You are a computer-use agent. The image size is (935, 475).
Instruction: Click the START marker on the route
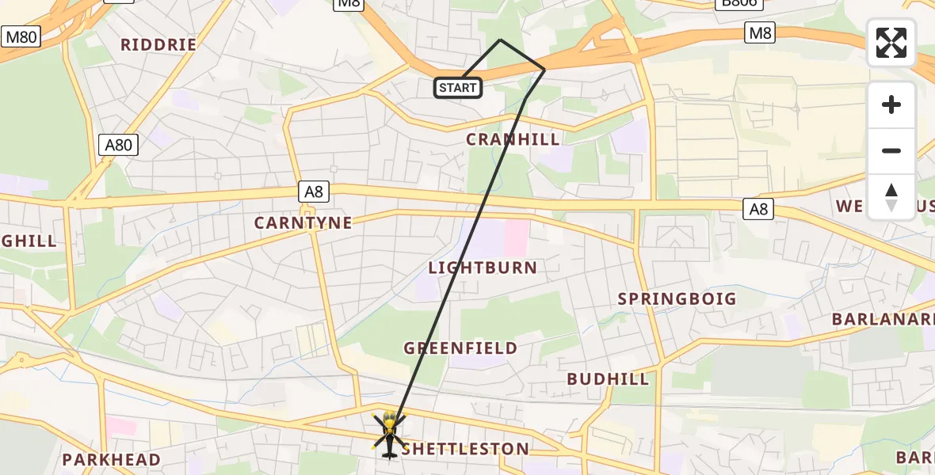pyautogui.click(x=458, y=88)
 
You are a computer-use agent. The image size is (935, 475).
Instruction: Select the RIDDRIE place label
pyautogui.click(x=158, y=45)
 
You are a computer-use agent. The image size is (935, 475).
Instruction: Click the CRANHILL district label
pyautogui.click(x=513, y=139)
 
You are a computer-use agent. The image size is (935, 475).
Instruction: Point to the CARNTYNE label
pyautogui.click(x=303, y=223)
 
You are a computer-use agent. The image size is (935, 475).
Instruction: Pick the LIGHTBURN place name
pyautogui.click(x=483, y=268)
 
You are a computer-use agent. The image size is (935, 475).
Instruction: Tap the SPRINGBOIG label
pyautogui.click(x=677, y=299)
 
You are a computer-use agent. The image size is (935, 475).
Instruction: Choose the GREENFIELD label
pyautogui.click(x=460, y=348)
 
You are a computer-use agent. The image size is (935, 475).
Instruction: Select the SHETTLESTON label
pyautogui.click(x=466, y=450)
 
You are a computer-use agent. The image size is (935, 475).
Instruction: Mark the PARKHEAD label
pyautogui.click(x=112, y=460)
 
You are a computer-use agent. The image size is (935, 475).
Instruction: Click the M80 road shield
pyautogui.click(x=21, y=36)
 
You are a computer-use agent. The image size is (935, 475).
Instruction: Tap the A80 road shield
pyautogui.click(x=118, y=144)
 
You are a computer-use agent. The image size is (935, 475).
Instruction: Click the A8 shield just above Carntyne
pyautogui.click(x=312, y=191)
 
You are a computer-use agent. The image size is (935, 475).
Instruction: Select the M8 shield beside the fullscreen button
pyautogui.click(x=760, y=32)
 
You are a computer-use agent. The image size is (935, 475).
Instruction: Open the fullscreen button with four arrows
pyautogui.click(x=891, y=43)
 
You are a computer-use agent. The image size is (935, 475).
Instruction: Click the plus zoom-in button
pyautogui.click(x=891, y=104)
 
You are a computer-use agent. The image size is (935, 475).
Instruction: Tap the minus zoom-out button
pyautogui.click(x=891, y=150)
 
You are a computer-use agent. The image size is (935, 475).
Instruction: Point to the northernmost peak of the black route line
pyautogui.click(x=500, y=40)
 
